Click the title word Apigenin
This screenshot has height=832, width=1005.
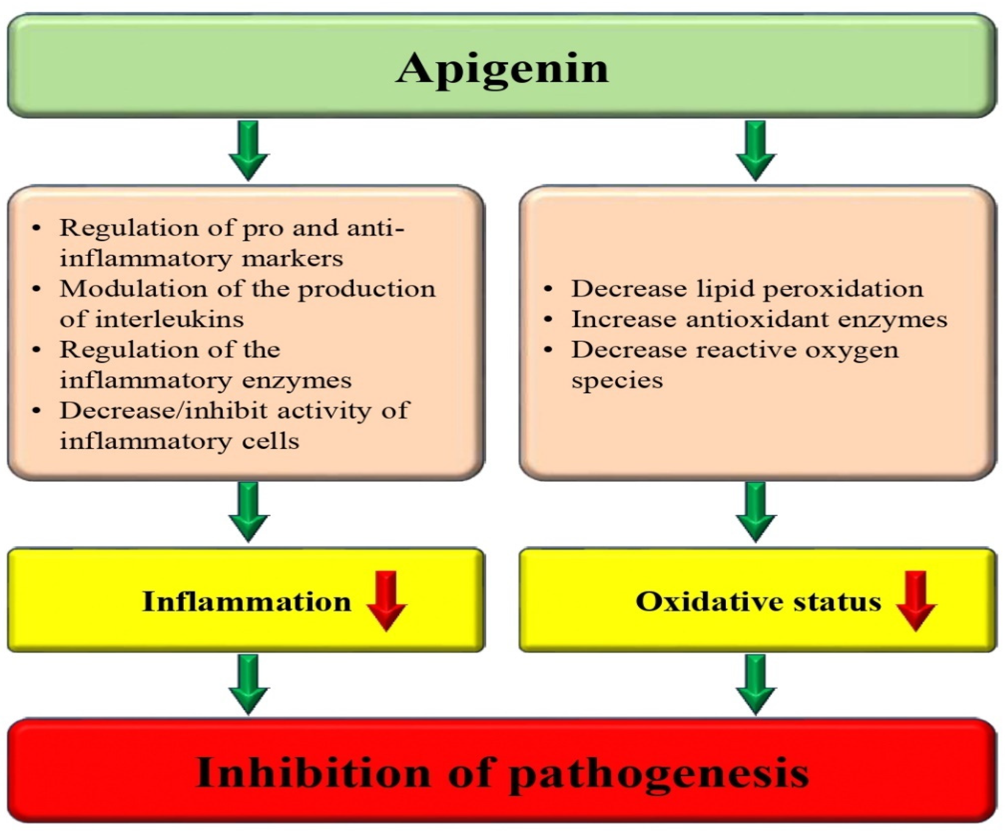[x=502, y=69]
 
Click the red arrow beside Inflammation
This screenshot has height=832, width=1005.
[x=387, y=601]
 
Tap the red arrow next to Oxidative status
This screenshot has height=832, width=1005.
[x=916, y=601]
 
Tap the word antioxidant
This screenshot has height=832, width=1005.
[x=756, y=319]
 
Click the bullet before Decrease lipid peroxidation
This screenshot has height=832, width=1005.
[x=549, y=289]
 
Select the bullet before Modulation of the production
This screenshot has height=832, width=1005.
[x=37, y=289]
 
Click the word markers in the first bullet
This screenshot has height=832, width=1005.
[x=292, y=259]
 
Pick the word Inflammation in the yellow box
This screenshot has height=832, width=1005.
[x=247, y=601]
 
